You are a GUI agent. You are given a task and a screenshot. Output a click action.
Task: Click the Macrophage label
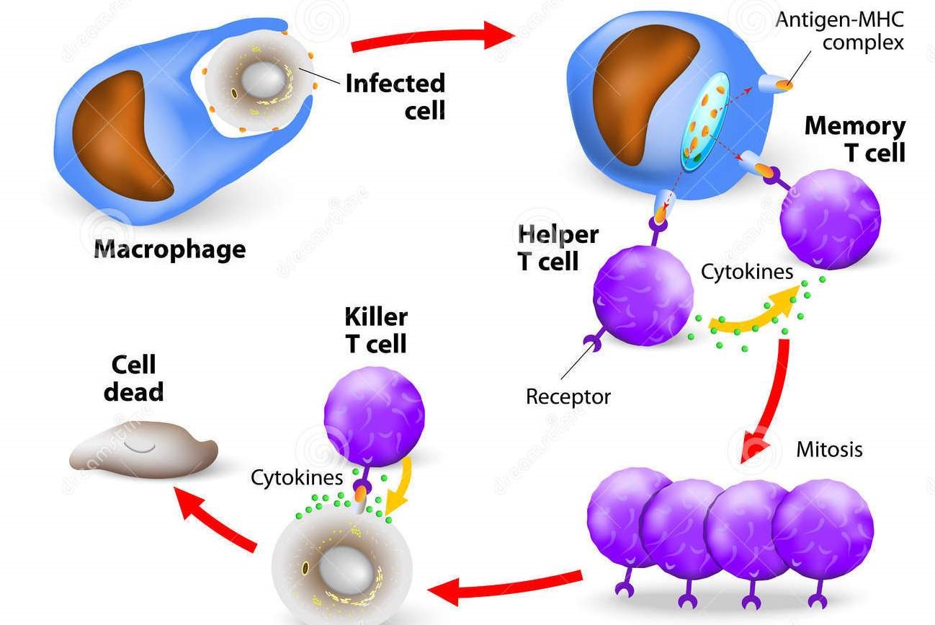click(x=170, y=249)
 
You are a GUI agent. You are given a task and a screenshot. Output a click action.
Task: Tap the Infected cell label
click(x=395, y=96)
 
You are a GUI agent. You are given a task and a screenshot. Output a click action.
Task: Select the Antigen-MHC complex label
click(x=838, y=30)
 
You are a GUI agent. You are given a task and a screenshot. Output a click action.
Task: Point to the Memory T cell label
click(x=855, y=138)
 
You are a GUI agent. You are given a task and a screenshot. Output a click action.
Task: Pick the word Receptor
click(x=568, y=396)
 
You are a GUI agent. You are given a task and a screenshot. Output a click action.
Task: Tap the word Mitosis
click(x=828, y=449)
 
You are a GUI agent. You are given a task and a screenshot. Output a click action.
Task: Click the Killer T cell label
click(x=375, y=330)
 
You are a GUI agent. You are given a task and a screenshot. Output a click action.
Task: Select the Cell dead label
click(x=133, y=378)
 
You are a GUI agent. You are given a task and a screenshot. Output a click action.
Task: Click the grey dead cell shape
click(x=143, y=451)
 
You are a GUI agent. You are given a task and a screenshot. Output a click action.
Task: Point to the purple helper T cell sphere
click(x=643, y=296)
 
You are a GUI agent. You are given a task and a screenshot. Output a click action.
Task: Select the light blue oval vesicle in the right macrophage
click(x=706, y=123)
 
